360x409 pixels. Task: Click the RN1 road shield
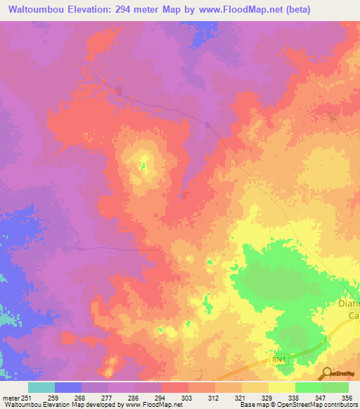click(279, 359)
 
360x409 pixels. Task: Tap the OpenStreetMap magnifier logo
click(326, 372)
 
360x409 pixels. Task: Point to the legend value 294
click(162, 398)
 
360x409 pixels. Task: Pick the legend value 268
click(82, 398)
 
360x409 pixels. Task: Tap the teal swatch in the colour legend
click(41, 387)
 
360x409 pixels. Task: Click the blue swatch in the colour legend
click(68, 387)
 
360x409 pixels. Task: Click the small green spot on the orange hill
click(143, 167)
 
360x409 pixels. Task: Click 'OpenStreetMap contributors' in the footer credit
click(318, 405)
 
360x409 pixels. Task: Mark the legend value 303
click(188, 398)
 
